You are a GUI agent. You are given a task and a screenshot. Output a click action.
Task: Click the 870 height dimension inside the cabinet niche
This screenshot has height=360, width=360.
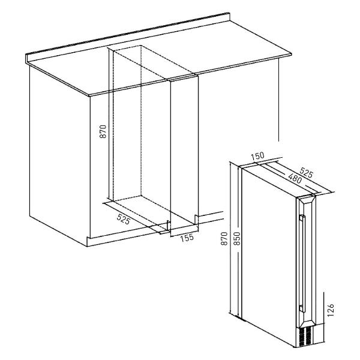click(x=103, y=131)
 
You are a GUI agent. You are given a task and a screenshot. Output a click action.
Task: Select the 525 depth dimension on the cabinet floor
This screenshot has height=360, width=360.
click(x=124, y=218)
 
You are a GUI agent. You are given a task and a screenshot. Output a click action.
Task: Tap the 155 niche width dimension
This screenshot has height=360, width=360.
click(x=187, y=238)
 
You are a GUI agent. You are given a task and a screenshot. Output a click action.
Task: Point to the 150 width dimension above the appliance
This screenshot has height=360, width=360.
click(x=257, y=157)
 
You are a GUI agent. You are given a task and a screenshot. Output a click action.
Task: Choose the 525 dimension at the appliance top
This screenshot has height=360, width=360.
click(x=307, y=173)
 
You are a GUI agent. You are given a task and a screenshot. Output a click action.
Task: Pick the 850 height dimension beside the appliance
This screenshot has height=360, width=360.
click(x=238, y=239)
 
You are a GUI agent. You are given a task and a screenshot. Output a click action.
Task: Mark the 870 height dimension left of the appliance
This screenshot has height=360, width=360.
click(x=224, y=239)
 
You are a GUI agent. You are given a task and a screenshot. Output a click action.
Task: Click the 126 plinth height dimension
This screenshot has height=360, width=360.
click(x=330, y=310)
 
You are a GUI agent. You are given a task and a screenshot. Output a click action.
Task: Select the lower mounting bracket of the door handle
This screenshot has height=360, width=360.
click(x=301, y=307)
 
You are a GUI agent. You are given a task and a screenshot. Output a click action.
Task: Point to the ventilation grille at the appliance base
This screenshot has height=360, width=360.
click(x=305, y=335)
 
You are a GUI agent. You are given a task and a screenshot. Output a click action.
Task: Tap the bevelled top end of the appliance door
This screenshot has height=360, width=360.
click(x=306, y=199)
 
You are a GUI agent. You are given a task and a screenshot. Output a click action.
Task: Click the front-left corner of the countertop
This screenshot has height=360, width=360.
click(x=89, y=95)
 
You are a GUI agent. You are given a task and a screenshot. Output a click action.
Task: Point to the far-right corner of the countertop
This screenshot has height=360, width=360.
click(x=291, y=54)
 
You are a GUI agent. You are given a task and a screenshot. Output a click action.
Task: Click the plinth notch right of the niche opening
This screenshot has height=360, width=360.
click(x=196, y=220)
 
